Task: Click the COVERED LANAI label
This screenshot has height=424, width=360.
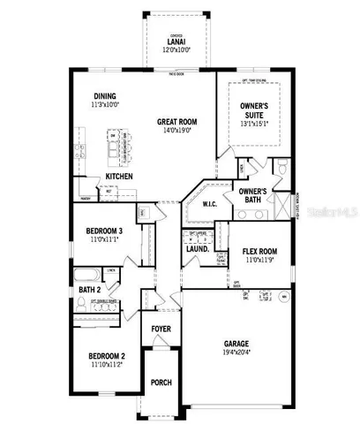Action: point(175,43)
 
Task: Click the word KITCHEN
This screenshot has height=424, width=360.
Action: point(120,176)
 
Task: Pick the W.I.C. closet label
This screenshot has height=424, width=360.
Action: point(209,204)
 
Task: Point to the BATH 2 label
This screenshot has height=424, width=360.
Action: point(89,289)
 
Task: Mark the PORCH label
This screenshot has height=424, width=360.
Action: point(161,383)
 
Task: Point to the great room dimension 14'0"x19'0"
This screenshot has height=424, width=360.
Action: point(178,132)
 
